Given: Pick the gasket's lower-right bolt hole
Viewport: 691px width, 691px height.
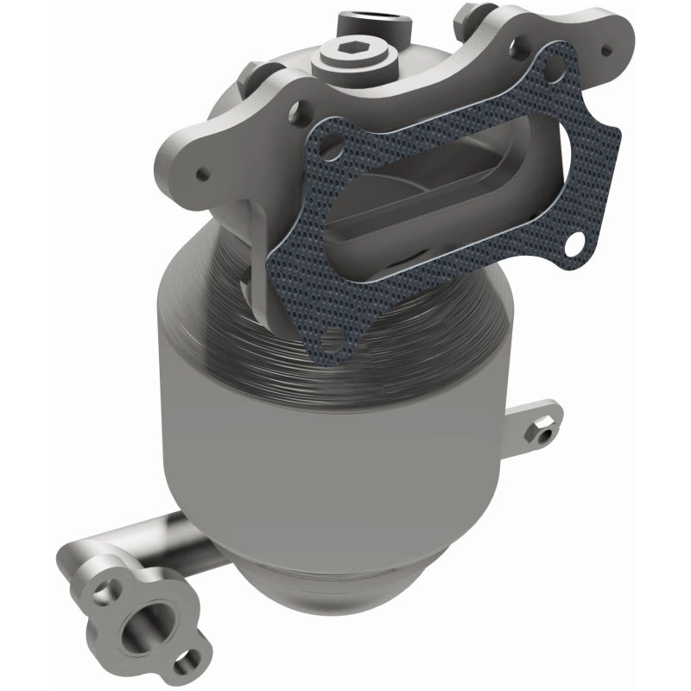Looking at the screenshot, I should pyautogui.click(x=574, y=244).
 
